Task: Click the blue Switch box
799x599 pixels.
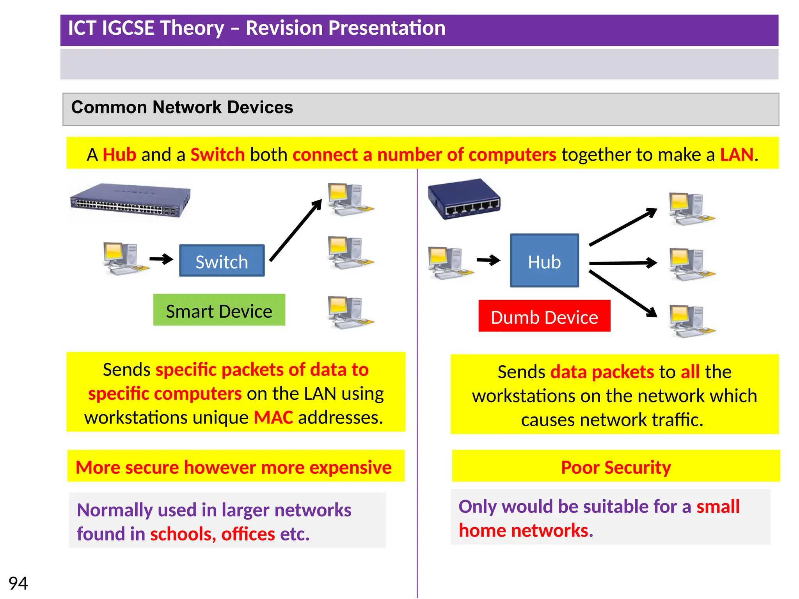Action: pos(222,261)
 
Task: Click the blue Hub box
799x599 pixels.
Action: pos(544,261)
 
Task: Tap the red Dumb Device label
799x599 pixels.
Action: pos(544,316)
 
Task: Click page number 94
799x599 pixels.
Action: pos(18,583)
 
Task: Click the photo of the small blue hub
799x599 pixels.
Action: pos(464,199)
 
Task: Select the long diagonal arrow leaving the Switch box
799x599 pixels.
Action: pos(295,231)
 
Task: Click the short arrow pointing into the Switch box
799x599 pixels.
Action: pos(161,259)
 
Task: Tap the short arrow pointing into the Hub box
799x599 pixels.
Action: pos(488,260)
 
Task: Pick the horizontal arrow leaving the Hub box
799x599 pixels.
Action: pos(623,263)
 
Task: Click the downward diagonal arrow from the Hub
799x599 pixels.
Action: pos(623,293)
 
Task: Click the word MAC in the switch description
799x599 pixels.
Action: pos(273,418)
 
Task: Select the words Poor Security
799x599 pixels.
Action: pos(616,467)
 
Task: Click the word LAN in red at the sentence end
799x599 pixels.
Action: pos(736,155)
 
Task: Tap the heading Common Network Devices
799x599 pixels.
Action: pos(182,107)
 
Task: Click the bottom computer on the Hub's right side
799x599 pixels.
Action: pos(691,321)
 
